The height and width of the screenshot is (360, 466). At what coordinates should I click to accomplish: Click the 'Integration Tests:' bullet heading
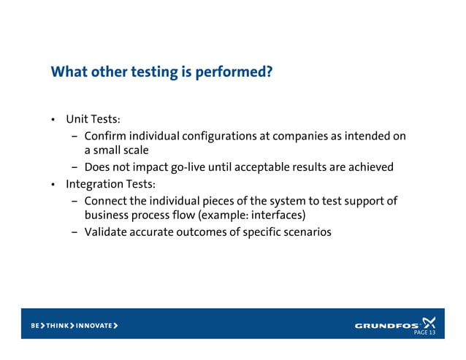(x=110, y=183)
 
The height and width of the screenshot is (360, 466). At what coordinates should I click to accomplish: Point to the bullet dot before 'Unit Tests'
(x=53, y=120)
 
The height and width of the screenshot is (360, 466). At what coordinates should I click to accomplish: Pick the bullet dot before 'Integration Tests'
(x=53, y=184)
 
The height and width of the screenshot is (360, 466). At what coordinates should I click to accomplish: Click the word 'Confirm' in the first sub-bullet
(x=106, y=136)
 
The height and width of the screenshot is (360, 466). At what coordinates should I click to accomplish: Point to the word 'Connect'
(x=107, y=199)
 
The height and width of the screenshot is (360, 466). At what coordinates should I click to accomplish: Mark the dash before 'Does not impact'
(x=75, y=167)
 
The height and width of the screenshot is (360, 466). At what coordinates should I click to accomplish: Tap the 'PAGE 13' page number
(x=424, y=333)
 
